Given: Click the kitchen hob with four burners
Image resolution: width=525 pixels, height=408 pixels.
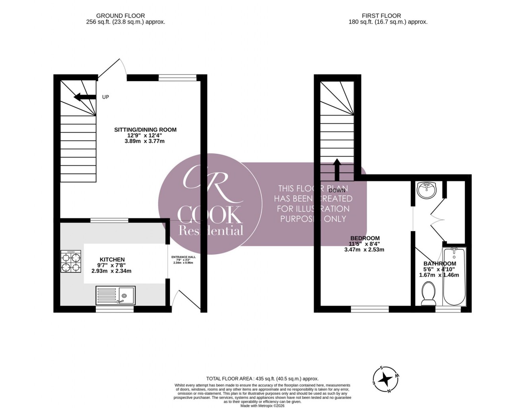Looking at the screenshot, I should pos(71,262).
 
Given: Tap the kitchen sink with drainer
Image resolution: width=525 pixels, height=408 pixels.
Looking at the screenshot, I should pos(115,295).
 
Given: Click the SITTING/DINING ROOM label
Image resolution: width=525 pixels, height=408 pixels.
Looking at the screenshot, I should pos(145,129).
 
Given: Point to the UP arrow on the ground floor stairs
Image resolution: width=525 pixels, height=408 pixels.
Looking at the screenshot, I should pos(85,97).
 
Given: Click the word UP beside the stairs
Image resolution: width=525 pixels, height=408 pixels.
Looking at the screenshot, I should pos(105,97).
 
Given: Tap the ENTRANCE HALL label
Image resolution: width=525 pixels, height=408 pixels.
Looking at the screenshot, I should pos(183,257).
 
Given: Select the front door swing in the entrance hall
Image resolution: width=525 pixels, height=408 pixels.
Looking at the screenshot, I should pos(185,300).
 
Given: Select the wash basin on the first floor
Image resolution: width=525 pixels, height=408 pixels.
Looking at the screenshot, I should pos(427,190).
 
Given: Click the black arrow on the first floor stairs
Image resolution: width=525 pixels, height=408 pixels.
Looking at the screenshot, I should pos(337,169).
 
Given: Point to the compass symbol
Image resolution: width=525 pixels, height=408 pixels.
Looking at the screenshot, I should pos(385,379).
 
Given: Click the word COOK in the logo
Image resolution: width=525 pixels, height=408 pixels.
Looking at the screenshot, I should pos(210,215).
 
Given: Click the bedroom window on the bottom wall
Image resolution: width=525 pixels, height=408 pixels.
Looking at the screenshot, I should pos(370,309).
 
